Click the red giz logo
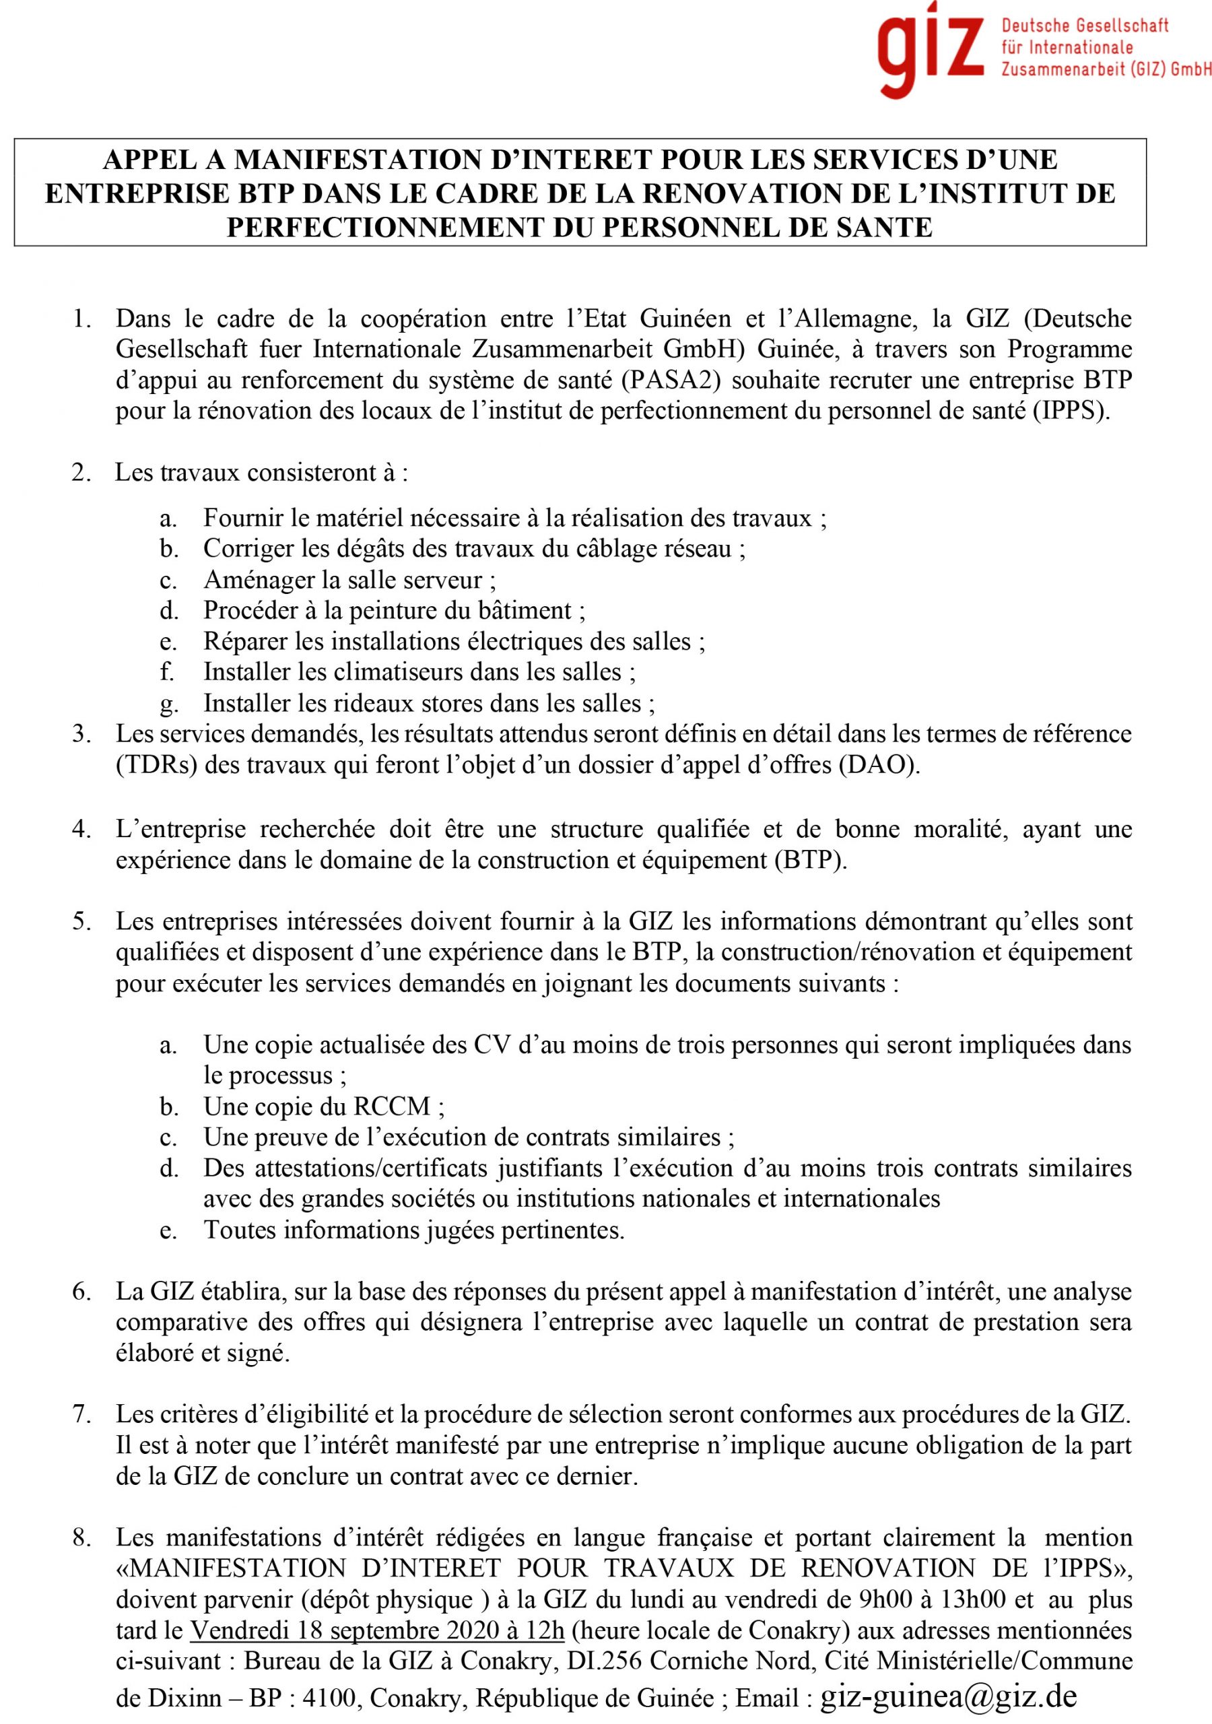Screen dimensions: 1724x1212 931,48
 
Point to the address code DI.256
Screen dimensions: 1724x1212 604,1661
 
